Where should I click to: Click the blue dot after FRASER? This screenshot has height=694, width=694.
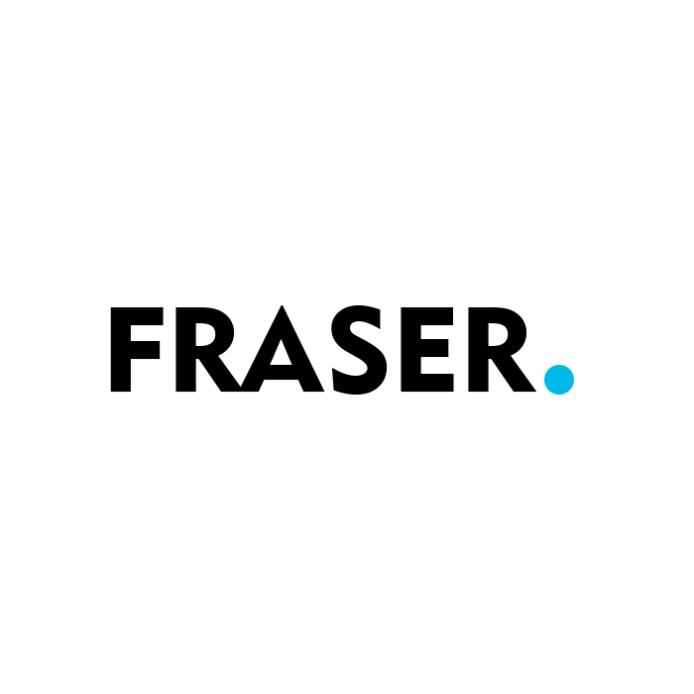point(559,380)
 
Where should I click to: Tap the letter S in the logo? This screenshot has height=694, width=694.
point(359,349)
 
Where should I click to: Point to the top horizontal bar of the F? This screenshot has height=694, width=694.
point(137,315)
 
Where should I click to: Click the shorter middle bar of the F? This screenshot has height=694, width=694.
point(145,350)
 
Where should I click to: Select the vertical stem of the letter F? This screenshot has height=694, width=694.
point(120,349)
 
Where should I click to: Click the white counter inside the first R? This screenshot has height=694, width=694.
point(205,334)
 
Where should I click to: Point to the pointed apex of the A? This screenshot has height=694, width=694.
point(282,305)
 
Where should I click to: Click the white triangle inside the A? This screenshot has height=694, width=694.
point(281,355)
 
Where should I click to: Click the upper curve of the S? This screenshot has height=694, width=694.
point(355,319)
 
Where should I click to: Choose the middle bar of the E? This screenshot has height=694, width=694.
point(434,348)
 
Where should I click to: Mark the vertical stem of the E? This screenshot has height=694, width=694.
point(410,349)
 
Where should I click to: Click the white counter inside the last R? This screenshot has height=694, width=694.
point(498,334)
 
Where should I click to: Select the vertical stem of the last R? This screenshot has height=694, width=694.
point(479,349)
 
